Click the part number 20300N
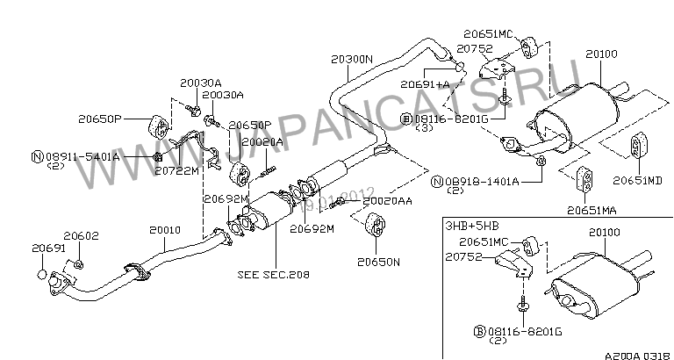tap(352, 60)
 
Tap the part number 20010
tap(164, 230)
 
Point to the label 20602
tap(82, 236)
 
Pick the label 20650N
tap(378, 261)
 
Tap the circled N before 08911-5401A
tap(37, 156)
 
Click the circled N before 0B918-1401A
tap(436, 182)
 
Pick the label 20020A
tap(262, 140)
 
